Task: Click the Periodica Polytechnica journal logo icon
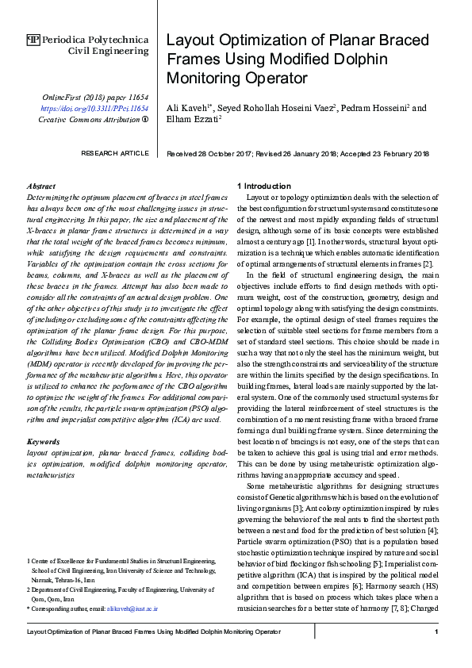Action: tap(33, 39)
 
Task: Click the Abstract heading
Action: tap(40, 184)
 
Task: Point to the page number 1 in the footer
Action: tap(437, 632)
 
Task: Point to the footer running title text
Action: tap(154, 632)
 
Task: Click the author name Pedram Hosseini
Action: tap(377, 108)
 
